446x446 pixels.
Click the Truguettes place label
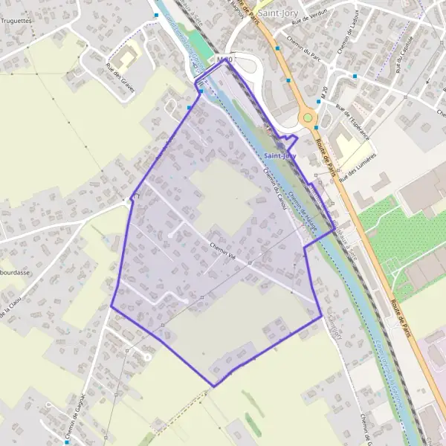[16, 21]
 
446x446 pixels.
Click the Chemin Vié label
[222, 250]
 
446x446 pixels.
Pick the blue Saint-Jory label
[278, 155]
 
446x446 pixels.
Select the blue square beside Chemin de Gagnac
[47, 407]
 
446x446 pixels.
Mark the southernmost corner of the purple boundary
[214, 386]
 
